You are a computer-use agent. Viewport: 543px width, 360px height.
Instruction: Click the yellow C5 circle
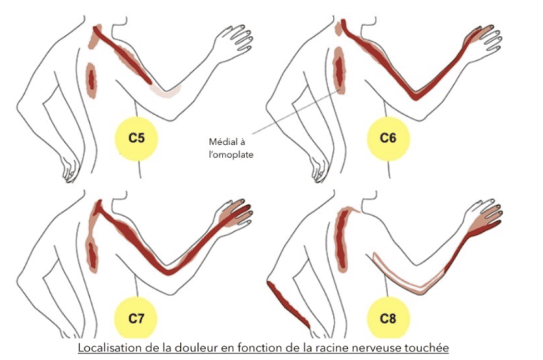tap(136, 139)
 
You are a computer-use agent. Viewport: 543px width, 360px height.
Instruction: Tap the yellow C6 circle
tap(388, 139)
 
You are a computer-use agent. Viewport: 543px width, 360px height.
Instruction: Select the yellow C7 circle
tap(136, 318)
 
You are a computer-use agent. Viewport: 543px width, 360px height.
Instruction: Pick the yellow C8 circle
tap(388, 318)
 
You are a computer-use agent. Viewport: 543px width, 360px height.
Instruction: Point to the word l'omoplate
tap(231, 154)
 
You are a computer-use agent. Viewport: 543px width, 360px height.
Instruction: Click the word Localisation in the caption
tap(105, 347)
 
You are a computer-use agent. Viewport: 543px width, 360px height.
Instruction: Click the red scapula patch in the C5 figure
tap(91, 81)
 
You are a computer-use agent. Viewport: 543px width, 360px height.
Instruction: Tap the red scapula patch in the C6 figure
tap(339, 71)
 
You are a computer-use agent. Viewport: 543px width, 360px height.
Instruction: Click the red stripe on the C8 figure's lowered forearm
tap(288, 304)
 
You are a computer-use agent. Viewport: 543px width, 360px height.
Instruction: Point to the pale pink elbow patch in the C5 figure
tap(166, 91)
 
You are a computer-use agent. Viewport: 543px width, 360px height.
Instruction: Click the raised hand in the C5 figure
tap(233, 42)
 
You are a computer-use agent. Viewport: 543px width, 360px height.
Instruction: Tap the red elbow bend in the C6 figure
tap(416, 95)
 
